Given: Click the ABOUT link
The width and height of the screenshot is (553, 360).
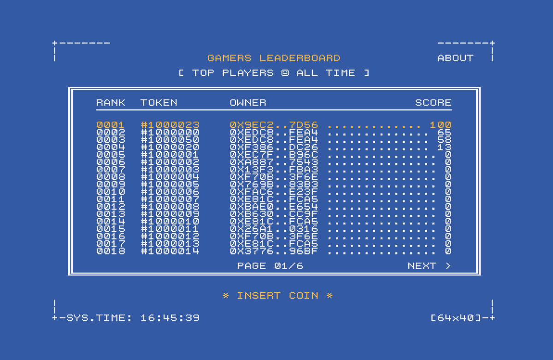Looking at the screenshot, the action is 455,58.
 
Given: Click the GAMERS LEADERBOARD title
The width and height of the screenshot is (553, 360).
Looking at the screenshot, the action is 274,58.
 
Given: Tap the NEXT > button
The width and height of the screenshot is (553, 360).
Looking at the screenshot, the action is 429,266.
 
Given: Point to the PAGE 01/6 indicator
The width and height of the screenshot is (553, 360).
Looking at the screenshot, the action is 270,266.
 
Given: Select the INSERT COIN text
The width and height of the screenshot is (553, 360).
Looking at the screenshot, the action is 278,295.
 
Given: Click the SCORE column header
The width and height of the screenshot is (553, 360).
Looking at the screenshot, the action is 433,103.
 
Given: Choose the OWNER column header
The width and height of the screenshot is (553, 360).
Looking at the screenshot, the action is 248,103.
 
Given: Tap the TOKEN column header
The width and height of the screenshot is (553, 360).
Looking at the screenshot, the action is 159,103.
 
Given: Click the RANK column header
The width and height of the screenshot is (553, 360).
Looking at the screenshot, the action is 111,103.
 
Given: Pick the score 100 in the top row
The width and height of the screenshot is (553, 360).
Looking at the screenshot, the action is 441,125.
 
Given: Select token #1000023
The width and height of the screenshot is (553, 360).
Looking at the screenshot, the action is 170,125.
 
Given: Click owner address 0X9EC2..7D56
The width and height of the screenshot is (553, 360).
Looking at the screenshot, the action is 274,125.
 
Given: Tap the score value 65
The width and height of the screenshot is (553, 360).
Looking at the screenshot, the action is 444,132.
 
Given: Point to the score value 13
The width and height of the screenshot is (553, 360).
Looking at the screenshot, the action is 444,147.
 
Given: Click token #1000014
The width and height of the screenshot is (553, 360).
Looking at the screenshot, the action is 170,251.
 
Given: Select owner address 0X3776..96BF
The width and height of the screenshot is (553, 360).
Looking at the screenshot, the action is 274,251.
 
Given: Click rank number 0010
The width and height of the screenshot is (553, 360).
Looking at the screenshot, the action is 111,192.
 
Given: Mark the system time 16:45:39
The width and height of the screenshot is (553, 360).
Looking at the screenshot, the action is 170,318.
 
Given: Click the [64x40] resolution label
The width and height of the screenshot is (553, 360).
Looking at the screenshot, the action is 456,318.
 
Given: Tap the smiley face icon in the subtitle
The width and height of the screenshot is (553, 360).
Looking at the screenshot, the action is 285,73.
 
